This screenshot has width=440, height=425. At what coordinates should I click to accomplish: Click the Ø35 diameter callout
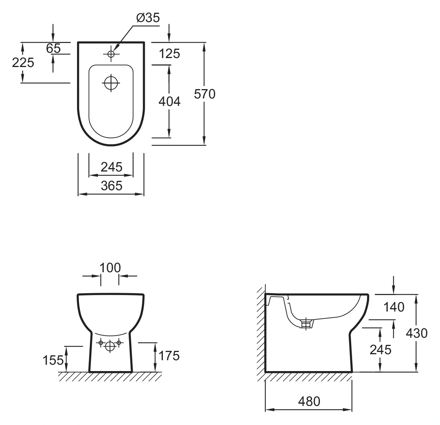click(148, 18)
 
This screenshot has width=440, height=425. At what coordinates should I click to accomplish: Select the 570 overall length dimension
click(205, 94)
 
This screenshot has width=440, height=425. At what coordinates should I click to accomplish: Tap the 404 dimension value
click(169, 101)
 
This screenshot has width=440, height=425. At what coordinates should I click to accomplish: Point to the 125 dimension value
click(169, 54)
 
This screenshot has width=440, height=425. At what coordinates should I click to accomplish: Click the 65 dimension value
click(53, 48)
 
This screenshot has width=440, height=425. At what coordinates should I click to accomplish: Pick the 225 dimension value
click(23, 63)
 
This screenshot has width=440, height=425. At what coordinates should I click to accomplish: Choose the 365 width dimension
click(111, 186)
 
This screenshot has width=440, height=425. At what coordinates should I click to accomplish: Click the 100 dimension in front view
click(110, 268)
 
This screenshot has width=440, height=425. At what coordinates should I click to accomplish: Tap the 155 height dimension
click(53, 360)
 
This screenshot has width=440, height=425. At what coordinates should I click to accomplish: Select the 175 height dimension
click(169, 356)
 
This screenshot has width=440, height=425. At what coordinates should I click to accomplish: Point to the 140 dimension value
click(394, 307)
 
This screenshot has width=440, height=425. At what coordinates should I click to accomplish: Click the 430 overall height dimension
click(417, 333)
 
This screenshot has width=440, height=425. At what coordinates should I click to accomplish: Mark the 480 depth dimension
click(309, 401)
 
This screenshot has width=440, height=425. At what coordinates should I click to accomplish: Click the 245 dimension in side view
click(380, 350)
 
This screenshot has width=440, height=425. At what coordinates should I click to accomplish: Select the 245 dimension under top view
click(111, 167)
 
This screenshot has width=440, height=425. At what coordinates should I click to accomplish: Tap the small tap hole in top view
click(111, 54)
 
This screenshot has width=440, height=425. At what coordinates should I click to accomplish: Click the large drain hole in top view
click(111, 83)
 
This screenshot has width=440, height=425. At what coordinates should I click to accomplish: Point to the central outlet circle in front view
click(110, 346)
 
